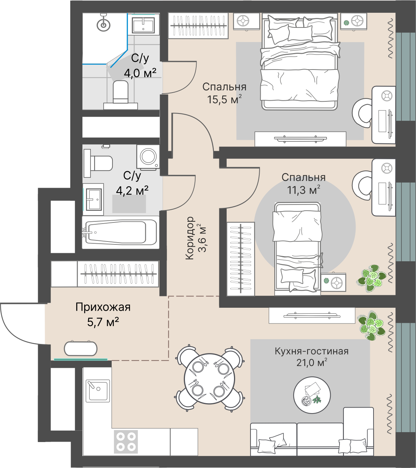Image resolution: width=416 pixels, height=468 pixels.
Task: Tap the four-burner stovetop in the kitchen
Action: [x=126, y=442]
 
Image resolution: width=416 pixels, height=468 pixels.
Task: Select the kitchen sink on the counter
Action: [x=97, y=390]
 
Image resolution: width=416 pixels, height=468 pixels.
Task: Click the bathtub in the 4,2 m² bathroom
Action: [x=120, y=232]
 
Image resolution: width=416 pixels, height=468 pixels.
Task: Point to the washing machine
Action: [x=148, y=157]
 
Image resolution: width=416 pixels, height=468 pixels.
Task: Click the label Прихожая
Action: [x=103, y=307]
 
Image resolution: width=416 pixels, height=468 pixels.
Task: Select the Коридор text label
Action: [x=189, y=238]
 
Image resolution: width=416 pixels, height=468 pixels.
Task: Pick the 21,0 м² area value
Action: [x=311, y=363]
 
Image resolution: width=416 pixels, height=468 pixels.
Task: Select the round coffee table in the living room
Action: [x=312, y=395]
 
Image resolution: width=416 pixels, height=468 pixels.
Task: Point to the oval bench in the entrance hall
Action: [x=81, y=348]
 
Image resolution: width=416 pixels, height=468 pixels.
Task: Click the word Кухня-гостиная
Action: [x=311, y=351]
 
